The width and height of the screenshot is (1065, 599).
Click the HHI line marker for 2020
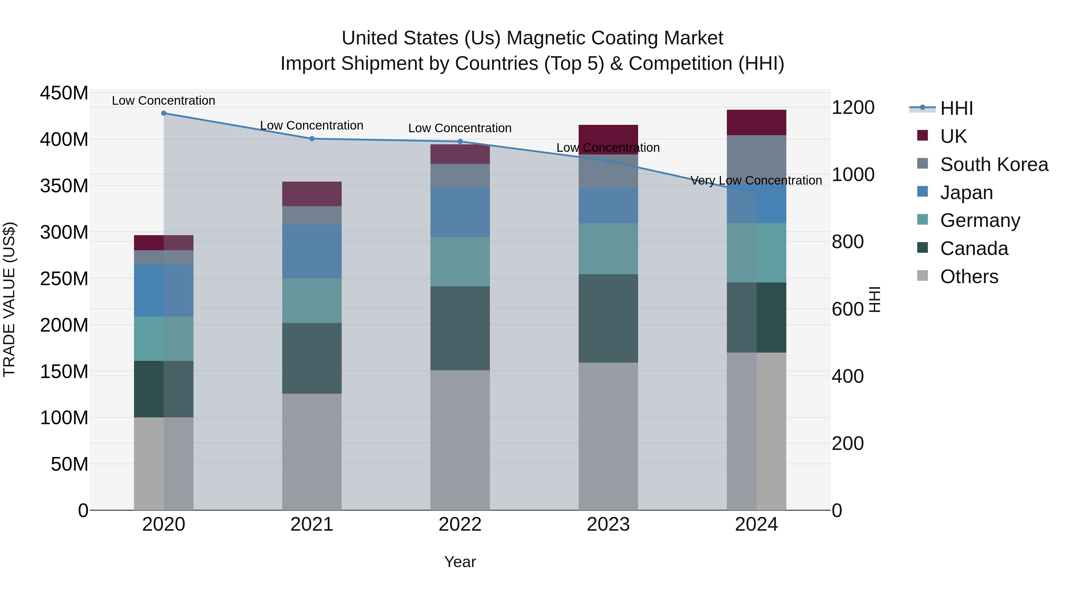coord(164,113)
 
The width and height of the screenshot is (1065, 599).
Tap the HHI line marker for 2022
coord(460,141)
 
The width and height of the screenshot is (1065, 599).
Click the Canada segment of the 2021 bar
coord(312,358)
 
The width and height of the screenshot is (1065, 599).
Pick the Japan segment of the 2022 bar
coord(460,212)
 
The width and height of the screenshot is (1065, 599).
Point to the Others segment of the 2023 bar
coord(608,436)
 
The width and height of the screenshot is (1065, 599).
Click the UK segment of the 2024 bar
coord(756,122)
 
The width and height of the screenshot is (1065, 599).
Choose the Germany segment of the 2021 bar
coord(312,301)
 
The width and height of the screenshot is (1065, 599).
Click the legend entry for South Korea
coord(994,164)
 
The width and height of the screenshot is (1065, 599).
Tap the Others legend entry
coord(969,277)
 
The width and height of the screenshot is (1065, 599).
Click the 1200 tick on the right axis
coord(853,107)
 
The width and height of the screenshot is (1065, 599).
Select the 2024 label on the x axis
coord(756,524)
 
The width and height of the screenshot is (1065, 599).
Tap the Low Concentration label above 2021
coord(312,125)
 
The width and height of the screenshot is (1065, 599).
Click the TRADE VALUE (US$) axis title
coord(9,299)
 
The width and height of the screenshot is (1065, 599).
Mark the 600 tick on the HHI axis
coord(848,309)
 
